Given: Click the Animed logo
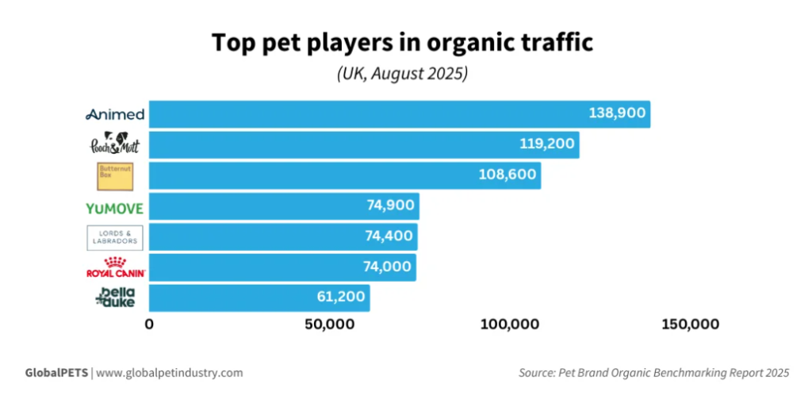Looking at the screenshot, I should coord(115,114).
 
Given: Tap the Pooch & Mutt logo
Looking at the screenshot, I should coord(115,145).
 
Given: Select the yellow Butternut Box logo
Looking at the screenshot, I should coord(115,176).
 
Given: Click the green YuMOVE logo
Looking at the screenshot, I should coord(115,208).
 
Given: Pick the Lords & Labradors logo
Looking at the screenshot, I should coord(115,238).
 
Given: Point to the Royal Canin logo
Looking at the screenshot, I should coord(115,268).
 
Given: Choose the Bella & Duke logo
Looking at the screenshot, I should coord(115,298).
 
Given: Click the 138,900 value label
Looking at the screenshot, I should coord(617,113).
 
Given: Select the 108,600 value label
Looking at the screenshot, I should coord(507,175).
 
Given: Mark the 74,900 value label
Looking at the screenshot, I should coord(389,205).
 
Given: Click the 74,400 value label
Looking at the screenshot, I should coord(388,236).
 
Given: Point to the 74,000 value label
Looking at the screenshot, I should coord(386,267).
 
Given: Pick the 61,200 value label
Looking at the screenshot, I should coord(339,297).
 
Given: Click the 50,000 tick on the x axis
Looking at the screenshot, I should coord(328,324).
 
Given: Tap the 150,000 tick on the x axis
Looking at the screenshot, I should coord(685,324).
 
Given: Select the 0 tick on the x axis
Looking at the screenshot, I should coord(149,324).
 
